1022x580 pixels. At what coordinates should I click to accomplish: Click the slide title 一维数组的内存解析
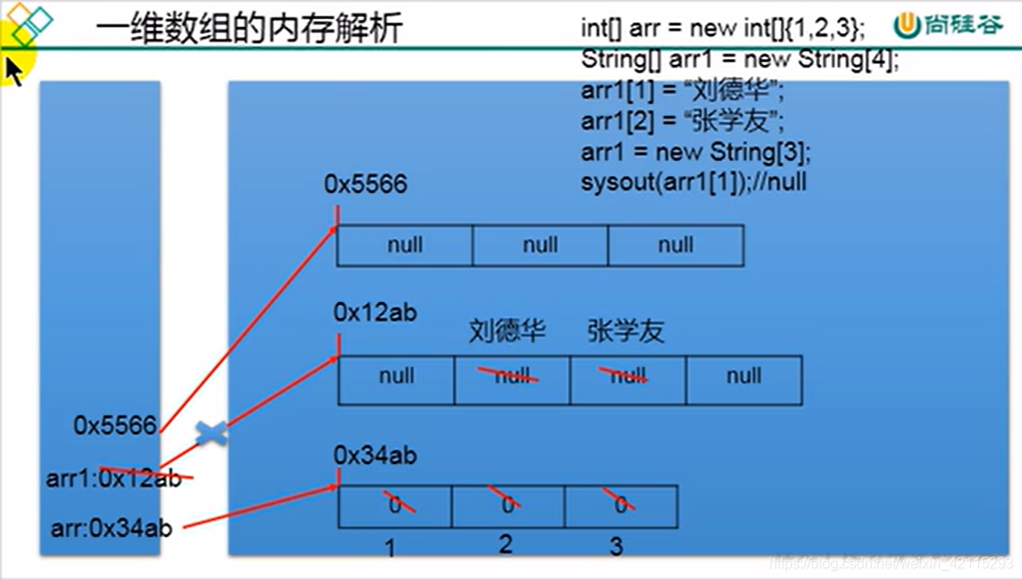(248, 28)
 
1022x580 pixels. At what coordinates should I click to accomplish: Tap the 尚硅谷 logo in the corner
(948, 25)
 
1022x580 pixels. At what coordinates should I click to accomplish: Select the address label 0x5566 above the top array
(365, 184)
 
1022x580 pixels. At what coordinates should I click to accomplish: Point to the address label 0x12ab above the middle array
(375, 312)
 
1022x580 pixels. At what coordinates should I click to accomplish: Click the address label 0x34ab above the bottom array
(375, 456)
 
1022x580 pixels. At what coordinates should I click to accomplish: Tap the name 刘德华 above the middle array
(507, 331)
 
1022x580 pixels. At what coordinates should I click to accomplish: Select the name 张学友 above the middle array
(625, 331)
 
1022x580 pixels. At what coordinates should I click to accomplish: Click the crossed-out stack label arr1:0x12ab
(113, 478)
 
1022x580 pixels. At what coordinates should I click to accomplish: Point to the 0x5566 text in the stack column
(115, 425)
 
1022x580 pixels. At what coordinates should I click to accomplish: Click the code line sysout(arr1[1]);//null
(694, 182)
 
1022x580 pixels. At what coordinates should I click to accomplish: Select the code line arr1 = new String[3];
(695, 151)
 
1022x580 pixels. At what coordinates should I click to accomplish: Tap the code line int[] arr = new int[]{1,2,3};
(723, 28)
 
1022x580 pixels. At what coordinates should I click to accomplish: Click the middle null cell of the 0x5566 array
(540, 245)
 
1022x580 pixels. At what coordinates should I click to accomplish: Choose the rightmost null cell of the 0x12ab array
(744, 377)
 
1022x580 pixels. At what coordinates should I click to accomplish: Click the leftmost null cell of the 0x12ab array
(396, 377)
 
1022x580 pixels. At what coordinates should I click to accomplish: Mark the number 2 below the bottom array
(506, 543)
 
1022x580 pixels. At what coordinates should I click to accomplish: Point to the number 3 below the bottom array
(616, 545)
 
